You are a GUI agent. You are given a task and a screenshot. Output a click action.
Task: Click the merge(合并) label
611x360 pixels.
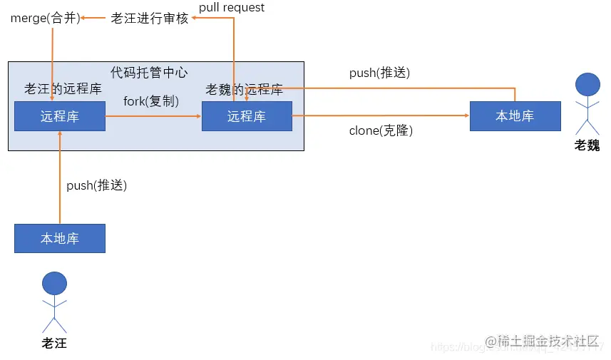(x=45, y=19)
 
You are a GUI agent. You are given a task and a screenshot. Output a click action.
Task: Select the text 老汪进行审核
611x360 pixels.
(x=150, y=19)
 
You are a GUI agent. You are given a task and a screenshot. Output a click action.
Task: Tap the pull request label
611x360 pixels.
(x=232, y=7)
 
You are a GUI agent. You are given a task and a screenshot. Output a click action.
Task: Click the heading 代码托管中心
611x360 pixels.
(x=149, y=73)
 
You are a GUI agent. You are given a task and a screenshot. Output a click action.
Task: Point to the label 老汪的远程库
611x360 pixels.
(x=63, y=89)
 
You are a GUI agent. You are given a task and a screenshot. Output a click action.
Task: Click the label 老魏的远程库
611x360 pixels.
(x=245, y=90)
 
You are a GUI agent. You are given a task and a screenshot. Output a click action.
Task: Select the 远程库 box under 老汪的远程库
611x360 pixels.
(x=60, y=116)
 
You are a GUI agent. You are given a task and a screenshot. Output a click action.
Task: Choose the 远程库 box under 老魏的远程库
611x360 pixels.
(x=247, y=116)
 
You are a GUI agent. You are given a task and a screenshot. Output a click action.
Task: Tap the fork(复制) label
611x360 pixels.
(x=151, y=101)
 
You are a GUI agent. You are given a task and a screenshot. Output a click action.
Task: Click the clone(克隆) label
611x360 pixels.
(x=381, y=130)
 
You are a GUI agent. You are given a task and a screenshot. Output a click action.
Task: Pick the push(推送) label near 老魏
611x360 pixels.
(x=379, y=73)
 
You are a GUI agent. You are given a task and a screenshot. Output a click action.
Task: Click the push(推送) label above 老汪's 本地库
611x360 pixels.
(x=96, y=185)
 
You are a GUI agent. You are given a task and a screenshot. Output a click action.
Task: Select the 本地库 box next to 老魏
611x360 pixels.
(x=515, y=116)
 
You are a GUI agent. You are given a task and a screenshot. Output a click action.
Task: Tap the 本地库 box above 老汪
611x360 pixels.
(x=60, y=238)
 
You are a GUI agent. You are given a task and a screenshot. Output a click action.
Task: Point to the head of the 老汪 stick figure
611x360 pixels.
(x=55, y=283)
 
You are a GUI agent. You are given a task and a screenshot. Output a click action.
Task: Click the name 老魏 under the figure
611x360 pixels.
(x=587, y=145)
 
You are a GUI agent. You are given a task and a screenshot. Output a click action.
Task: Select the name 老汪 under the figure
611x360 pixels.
(x=54, y=344)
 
